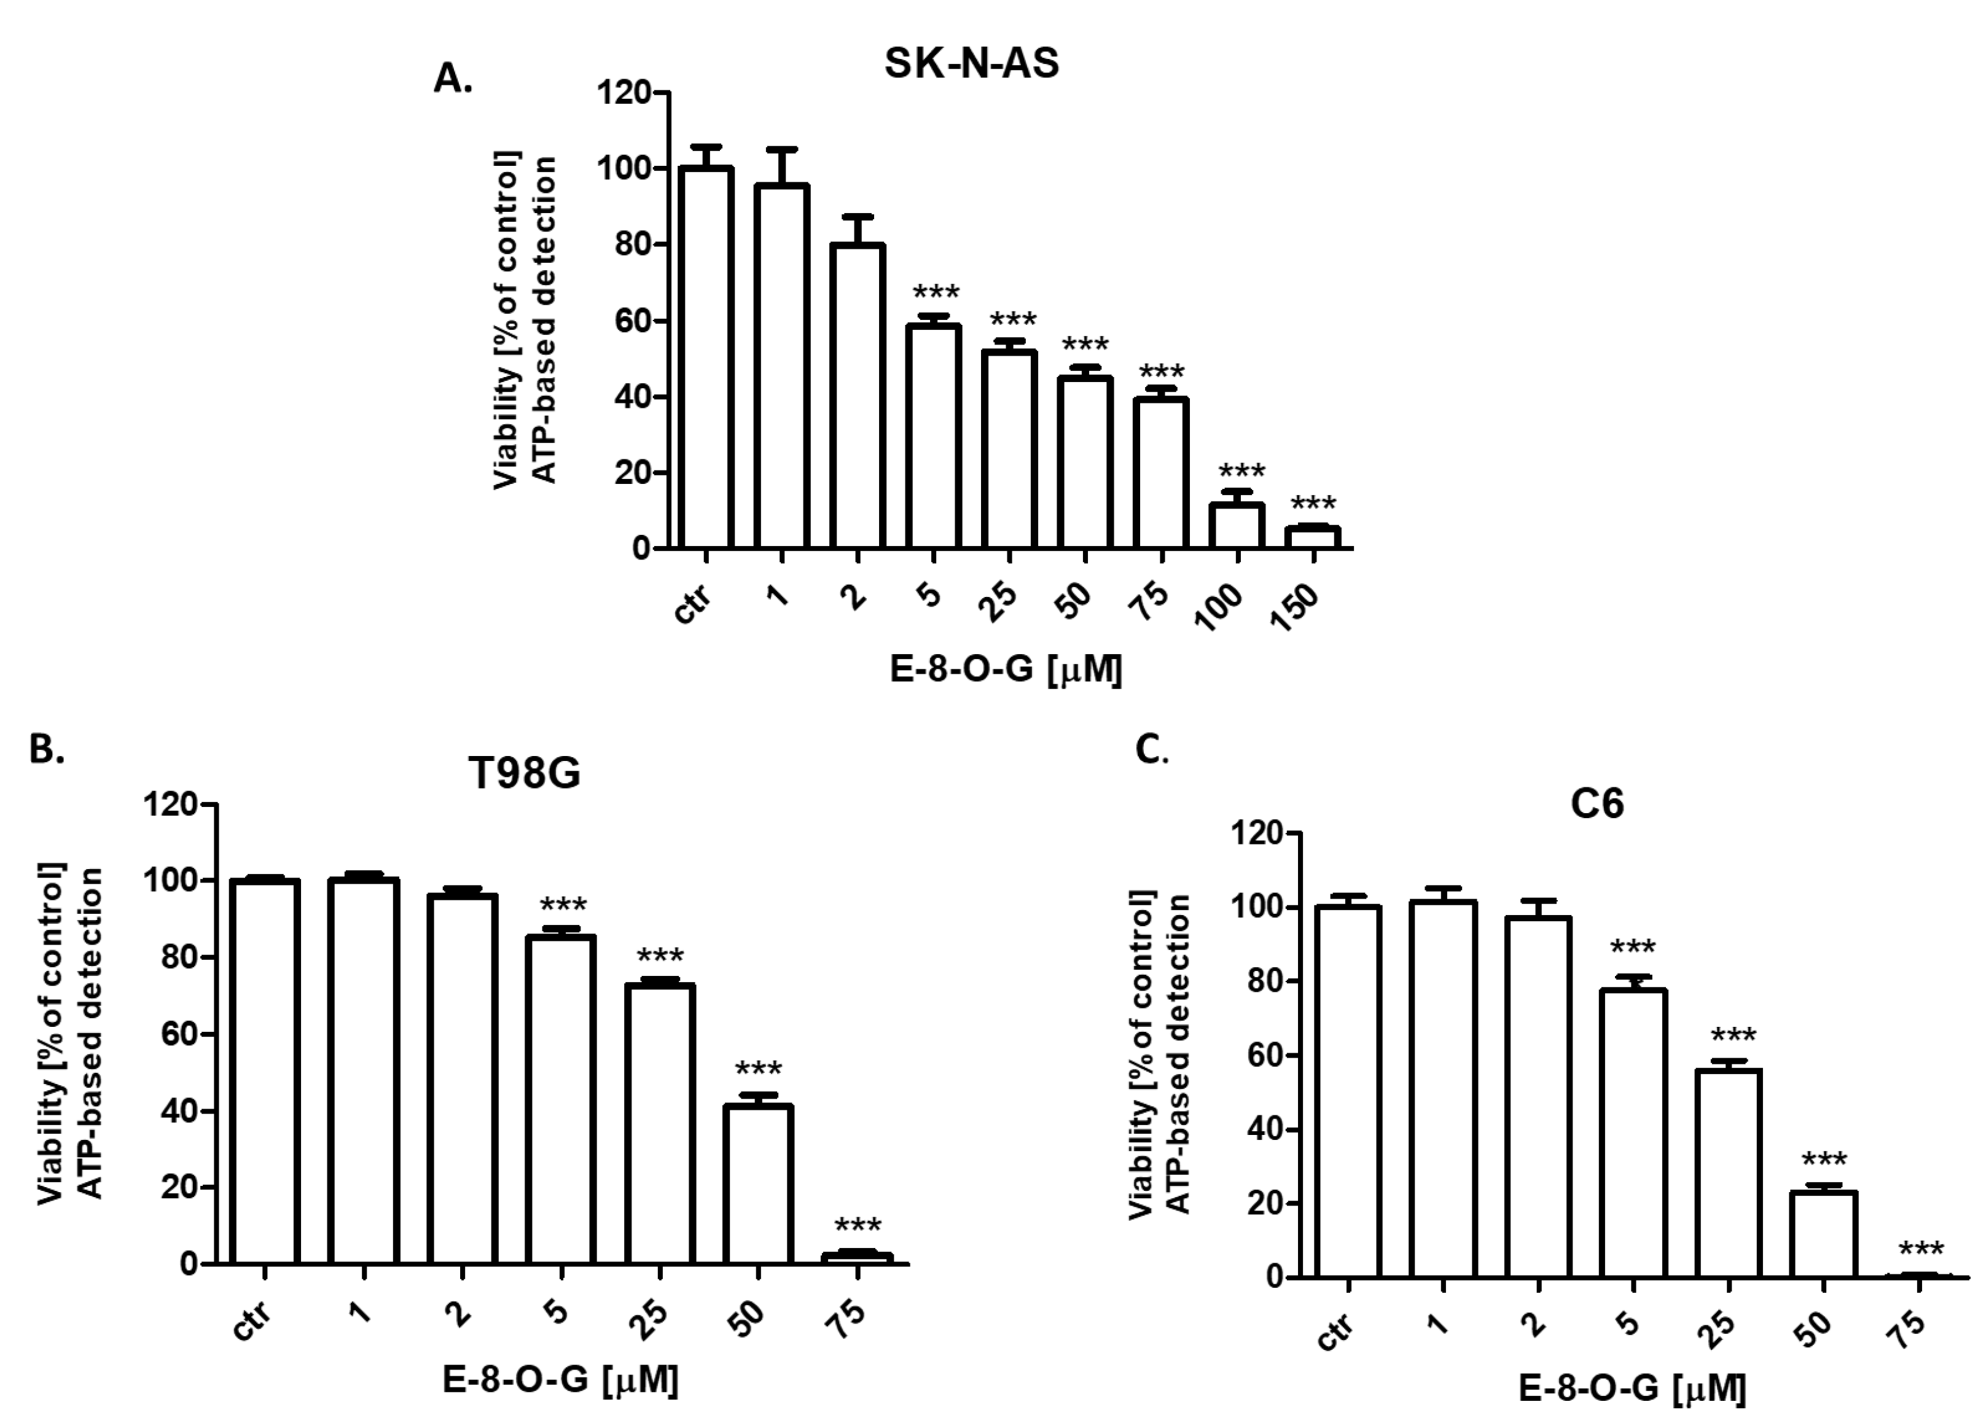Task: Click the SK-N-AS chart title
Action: (971, 63)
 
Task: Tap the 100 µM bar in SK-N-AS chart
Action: (1237, 526)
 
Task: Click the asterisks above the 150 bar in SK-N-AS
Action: (1313, 504)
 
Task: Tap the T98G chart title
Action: (523, 773)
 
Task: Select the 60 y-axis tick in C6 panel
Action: (1257, 1055)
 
